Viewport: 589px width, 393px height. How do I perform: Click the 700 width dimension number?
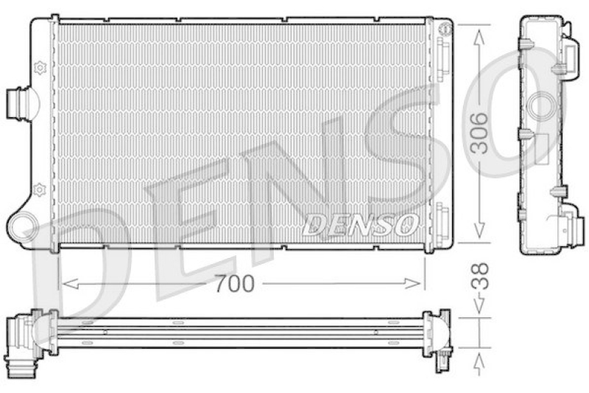pyautogui.click(x=235, y=282)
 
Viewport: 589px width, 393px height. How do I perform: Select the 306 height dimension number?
pyautogui.click(x=479, y=133)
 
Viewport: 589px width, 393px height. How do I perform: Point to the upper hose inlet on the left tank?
pyautogui.click(x=17, y=101)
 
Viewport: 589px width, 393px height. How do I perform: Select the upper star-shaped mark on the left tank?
pyautogui.click(x=40, y=68)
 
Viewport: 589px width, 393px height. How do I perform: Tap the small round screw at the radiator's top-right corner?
pyautogui.click(x=443, y=29)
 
